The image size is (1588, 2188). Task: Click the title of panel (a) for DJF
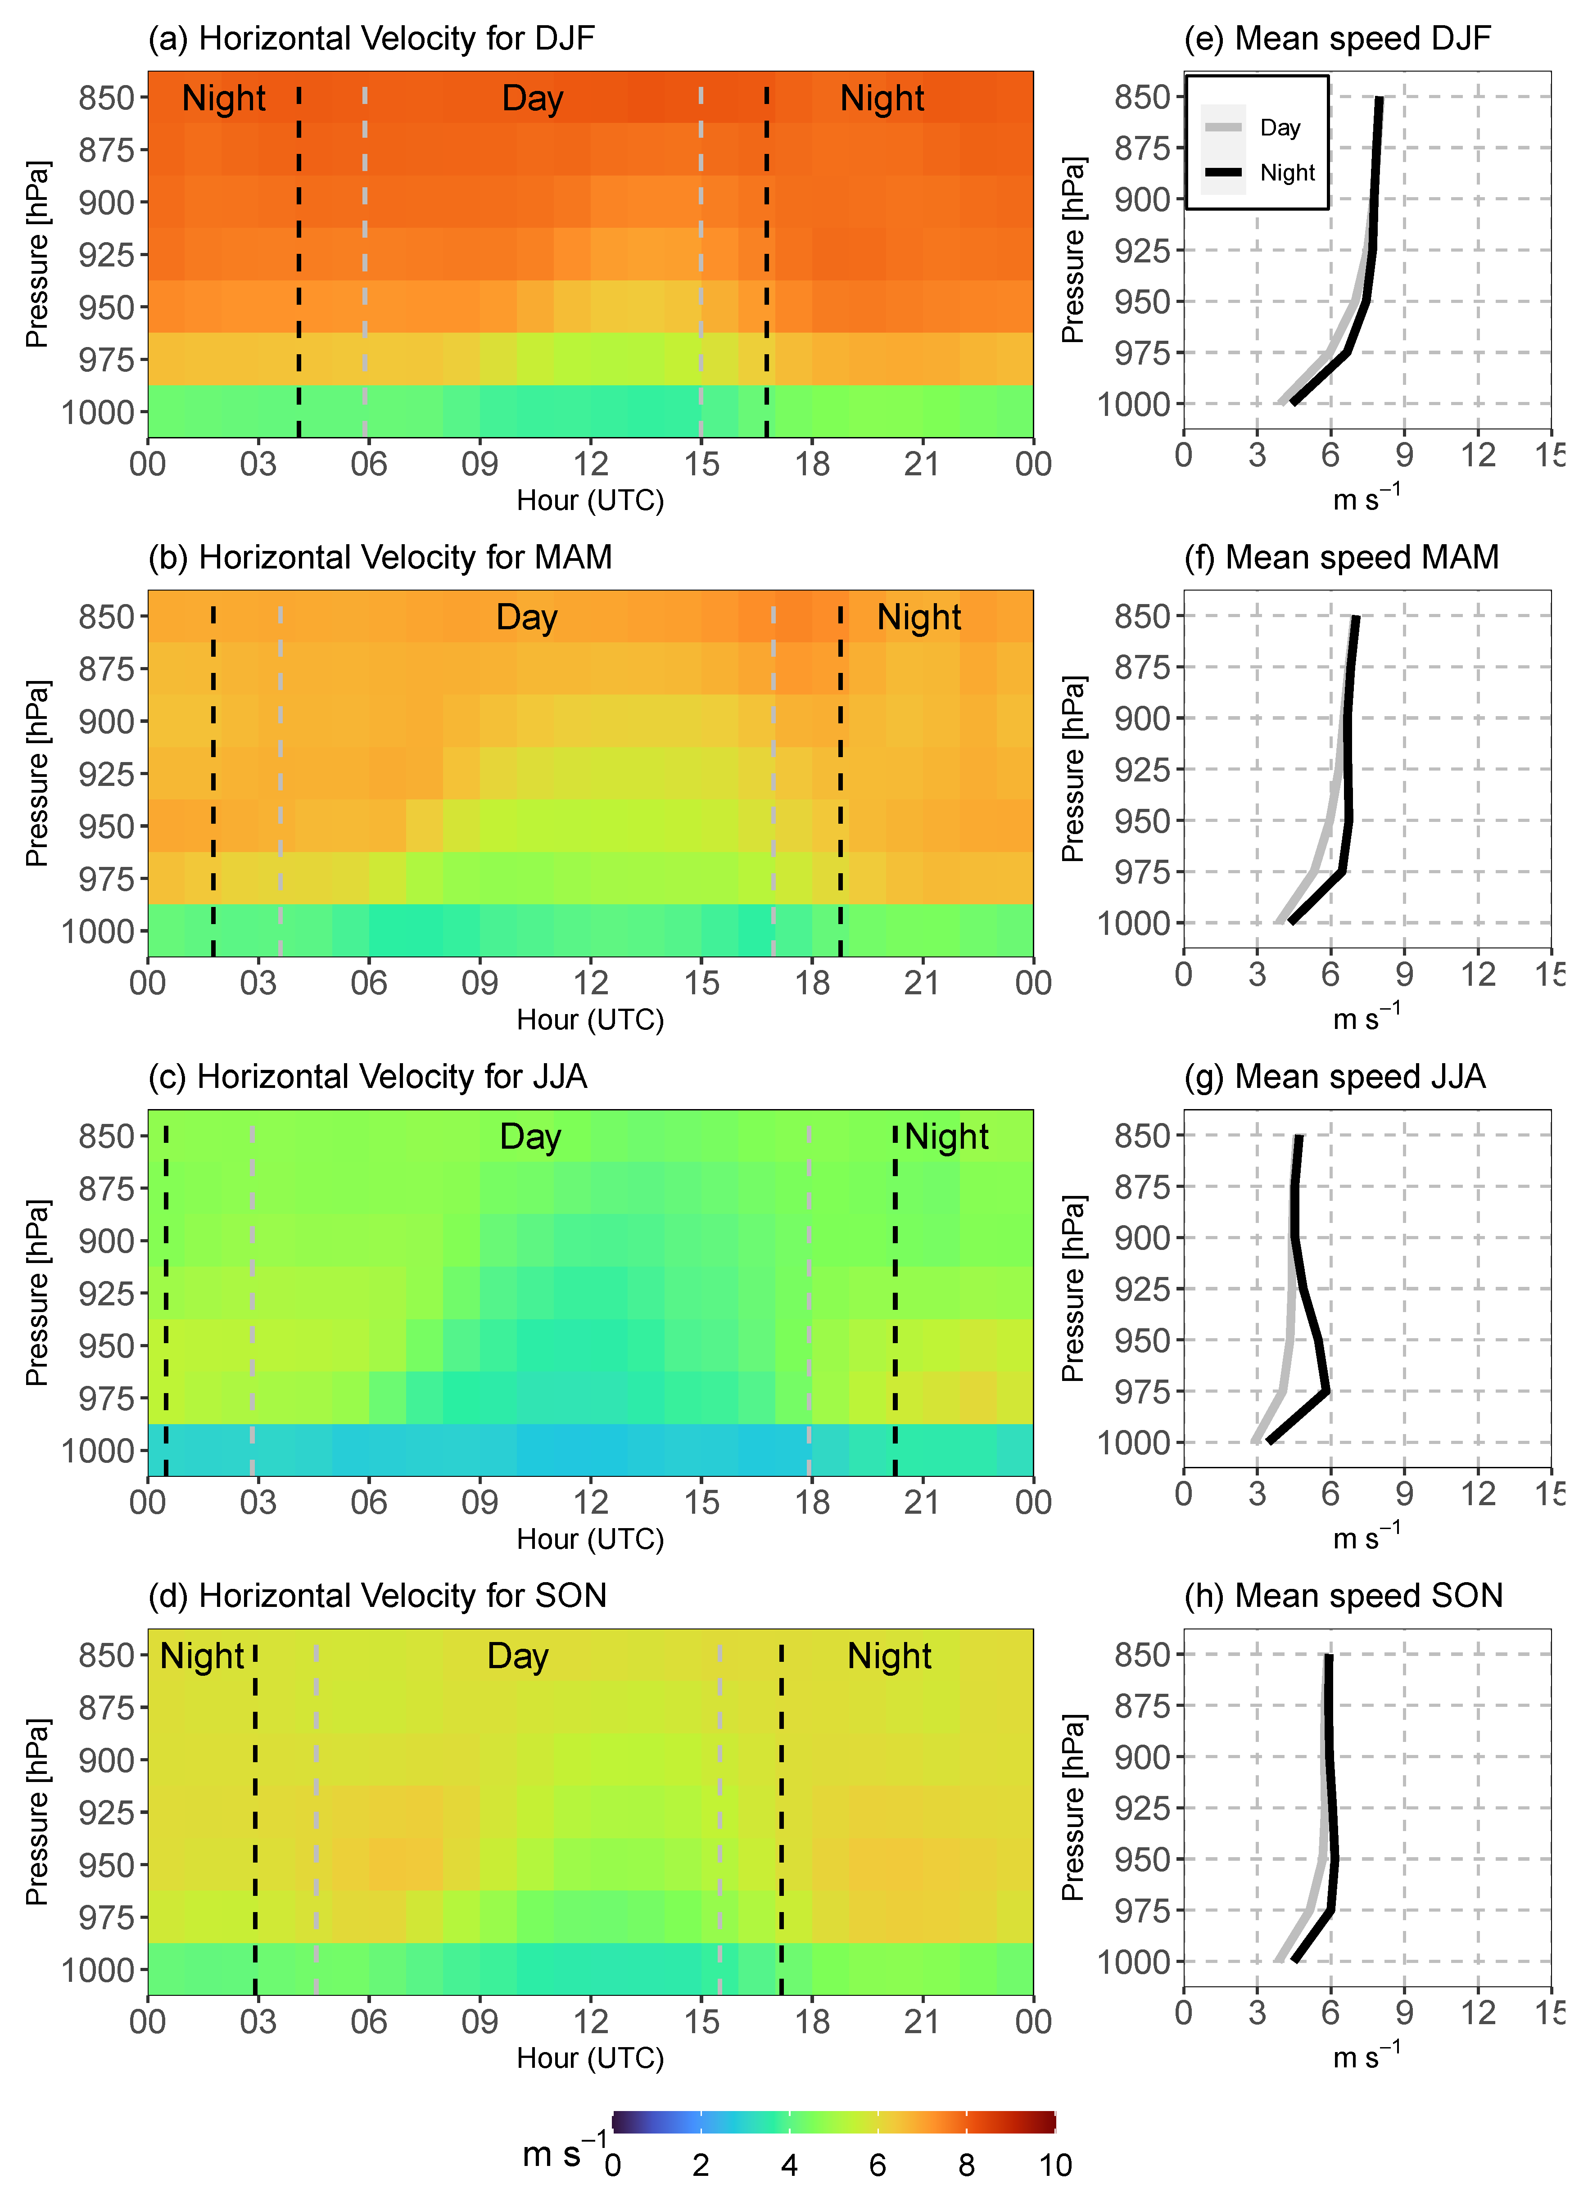coord(371,39)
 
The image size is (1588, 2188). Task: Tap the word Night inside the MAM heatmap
coord(918,618)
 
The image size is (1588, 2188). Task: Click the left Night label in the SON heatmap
coord(202,1656)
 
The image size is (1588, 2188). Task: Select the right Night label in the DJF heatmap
coord(882,99)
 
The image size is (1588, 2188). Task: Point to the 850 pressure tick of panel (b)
coord(106,617)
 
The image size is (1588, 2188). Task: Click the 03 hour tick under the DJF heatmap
coord(258,464)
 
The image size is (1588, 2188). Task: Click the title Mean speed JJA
coord(1335,1077)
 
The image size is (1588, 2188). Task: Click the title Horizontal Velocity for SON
coord(377,1596)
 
